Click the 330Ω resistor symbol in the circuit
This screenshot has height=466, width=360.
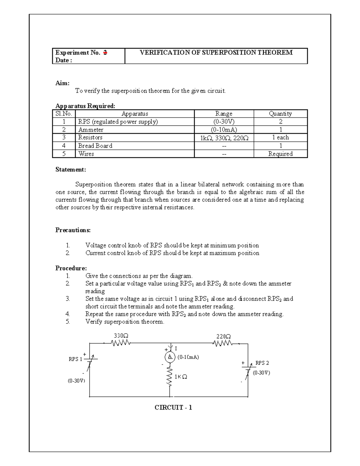click(120, 343)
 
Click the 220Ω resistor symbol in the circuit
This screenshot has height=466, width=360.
click(223, 343)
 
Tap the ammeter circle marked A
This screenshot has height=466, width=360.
click(170, 356)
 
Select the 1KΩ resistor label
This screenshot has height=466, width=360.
click(181, 377)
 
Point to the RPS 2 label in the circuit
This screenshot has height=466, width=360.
click(262, 363)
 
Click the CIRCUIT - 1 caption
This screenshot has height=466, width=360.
click(173, 407)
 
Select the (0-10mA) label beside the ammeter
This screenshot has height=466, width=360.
click(188, 357)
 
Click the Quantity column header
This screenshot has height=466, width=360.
click(280, 114)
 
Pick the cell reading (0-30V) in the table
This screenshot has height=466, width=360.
click(224, 122)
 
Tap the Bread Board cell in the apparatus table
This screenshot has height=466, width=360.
click(95, 146)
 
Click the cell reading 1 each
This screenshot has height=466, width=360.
click(280, 137)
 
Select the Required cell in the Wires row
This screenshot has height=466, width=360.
click(280, 154)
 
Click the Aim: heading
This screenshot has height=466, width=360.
click(62, 83)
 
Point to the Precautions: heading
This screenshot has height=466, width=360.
click(73, 230)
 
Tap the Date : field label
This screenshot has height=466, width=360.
click(64, 60)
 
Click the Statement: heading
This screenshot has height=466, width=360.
click(70, 170)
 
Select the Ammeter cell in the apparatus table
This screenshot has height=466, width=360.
click(91, 130)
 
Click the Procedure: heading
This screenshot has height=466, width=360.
click(71, 268)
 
